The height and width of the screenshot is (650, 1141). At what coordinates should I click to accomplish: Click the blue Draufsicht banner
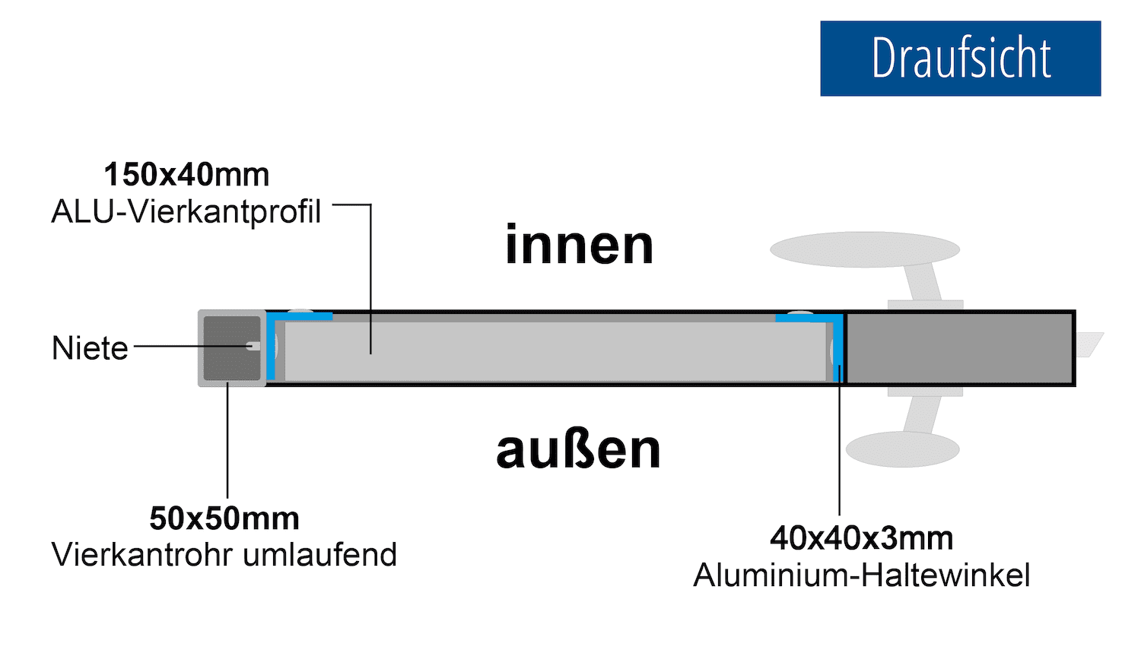pos(960,59)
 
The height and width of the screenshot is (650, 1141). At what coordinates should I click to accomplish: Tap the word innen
pos(579,246)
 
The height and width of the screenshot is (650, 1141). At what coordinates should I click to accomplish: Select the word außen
pos(578,450)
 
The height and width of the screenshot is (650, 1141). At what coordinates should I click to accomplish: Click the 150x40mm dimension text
pos(186,175)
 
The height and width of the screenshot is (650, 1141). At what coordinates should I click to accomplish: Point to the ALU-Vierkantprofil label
pos(186,212)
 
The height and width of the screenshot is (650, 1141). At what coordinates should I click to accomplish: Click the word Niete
pos(90,348)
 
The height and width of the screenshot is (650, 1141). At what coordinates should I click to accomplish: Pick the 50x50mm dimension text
pos(224,518)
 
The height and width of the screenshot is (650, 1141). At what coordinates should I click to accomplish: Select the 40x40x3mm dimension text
pos(861,538)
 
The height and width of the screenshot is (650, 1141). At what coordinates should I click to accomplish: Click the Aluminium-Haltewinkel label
pos(861,575)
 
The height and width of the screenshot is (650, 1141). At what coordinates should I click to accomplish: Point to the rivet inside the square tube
pos(253,346)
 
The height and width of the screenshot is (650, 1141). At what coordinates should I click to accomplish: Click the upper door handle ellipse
pos(864,249)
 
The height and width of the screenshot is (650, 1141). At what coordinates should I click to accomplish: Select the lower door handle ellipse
pos(902,449)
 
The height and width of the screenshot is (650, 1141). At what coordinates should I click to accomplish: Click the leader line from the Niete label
pos(190,346)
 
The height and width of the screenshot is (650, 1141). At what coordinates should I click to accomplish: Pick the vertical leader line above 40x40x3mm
pos(839,456)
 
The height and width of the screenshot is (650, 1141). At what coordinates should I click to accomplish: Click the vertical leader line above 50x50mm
pos(227,441)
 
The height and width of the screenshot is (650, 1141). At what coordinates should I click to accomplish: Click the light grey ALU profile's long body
pos(555,351)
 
